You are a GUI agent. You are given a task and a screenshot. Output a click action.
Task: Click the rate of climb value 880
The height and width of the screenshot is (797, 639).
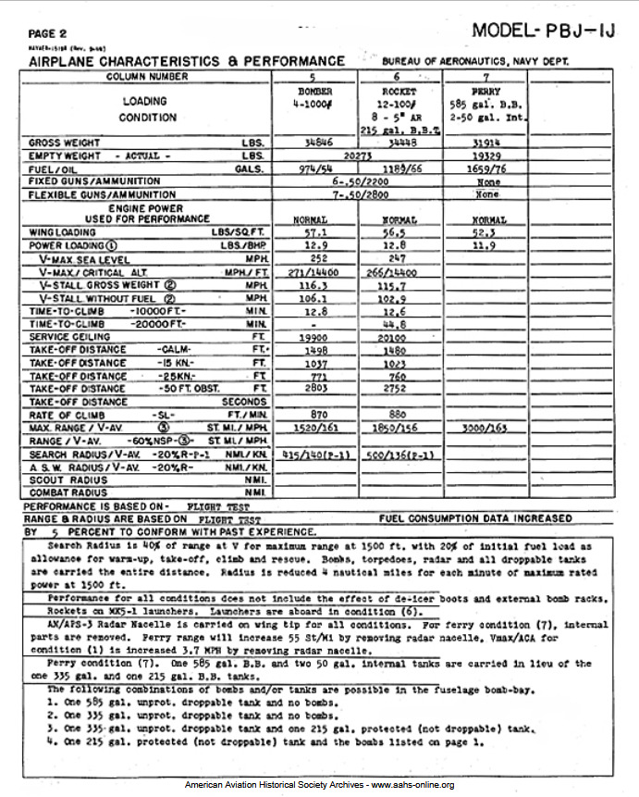(x=399, y=416)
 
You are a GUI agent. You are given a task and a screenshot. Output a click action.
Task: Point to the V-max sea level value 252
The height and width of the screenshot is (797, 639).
(x=316, y=260)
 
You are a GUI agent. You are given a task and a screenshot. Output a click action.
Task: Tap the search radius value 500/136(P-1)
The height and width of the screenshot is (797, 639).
(x=400, y=455)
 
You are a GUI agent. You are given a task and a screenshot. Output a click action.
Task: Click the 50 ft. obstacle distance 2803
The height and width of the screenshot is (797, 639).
(x=316, y=390)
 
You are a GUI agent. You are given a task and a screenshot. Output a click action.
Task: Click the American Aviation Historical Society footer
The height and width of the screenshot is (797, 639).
(x=319, y=785)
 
